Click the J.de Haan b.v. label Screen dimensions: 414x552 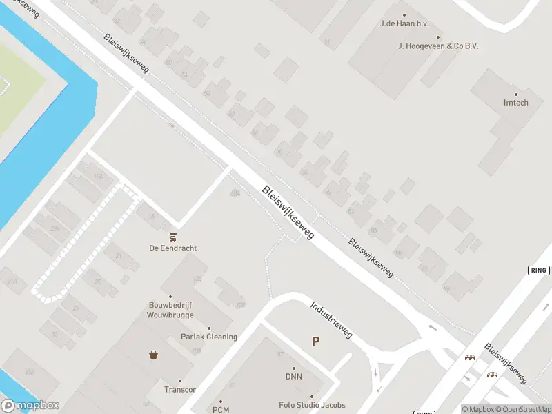(x=404, y=23)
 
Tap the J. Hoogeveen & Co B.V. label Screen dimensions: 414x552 (x=438, y=46)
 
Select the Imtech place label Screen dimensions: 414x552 (x=515, y=103)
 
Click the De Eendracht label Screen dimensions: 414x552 (x=172, y=248)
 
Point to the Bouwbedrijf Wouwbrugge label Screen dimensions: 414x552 (x=170, y=309)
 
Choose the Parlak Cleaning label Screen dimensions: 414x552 (x=209, y=337)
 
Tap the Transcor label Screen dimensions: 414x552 (x=180, y=389)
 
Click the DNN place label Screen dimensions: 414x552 (x=294, y=377)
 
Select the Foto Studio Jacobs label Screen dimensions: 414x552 (x=312, y=405)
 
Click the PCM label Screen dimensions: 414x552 (x=221, y=410)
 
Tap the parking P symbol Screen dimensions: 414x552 (x=316, y=341)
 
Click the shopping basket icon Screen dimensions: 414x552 (x=153, y=355)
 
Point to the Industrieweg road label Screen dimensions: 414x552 (x=332, y=319)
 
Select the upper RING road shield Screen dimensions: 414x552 (x=538, y=270)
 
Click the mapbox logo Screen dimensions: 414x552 (x=30, y=406)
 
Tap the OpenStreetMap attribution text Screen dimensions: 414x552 (x=525, y=409)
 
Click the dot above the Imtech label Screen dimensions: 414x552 (x=515, y=95)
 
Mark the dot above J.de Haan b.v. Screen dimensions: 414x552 (x=404, y=14)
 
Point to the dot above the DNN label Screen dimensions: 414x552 (x=294, y=368)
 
